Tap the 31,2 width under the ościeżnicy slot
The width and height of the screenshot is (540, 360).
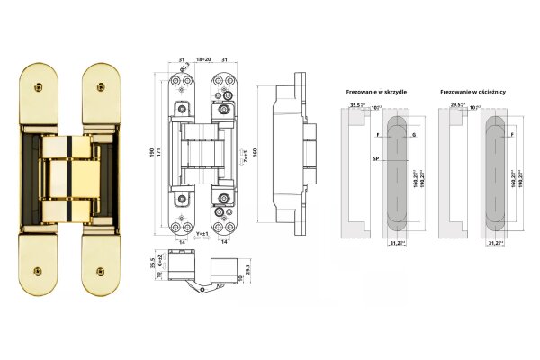[x=494, y=243]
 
